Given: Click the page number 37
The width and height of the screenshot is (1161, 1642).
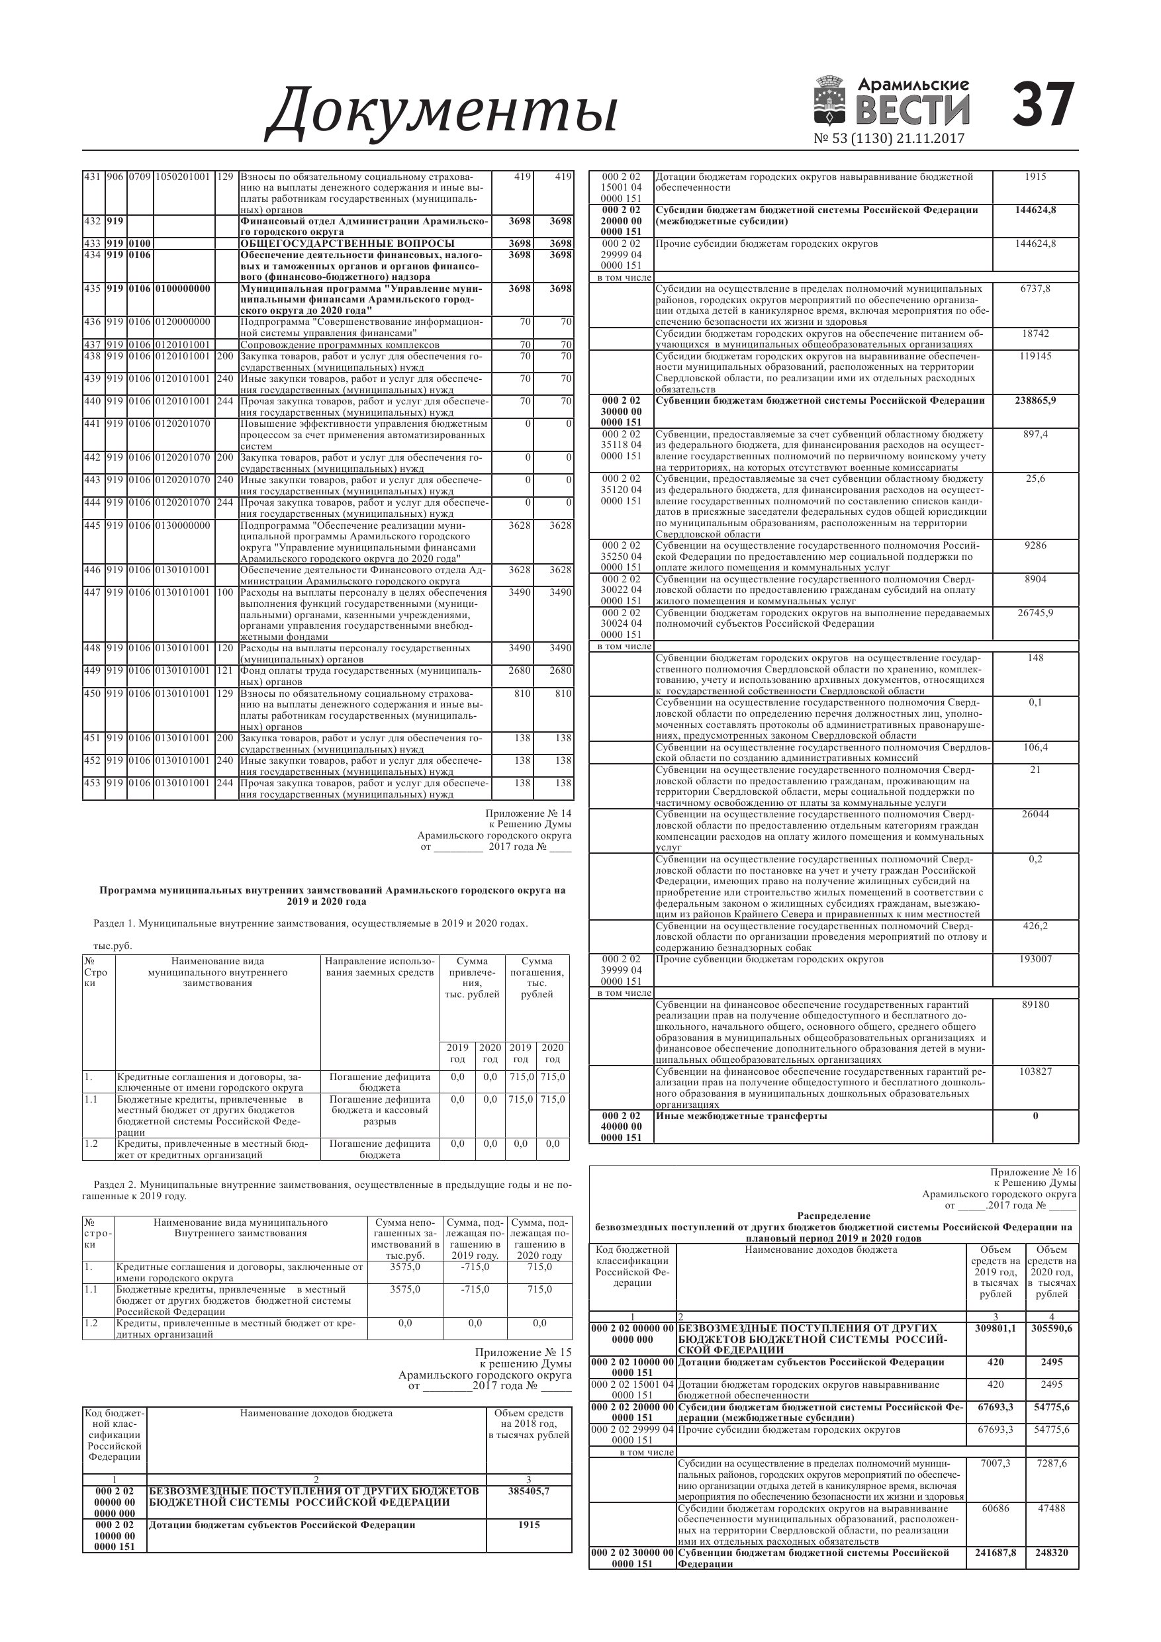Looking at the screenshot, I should (x=1043, y=105).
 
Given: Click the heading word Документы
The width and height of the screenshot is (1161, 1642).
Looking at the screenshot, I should (x=441, y=111).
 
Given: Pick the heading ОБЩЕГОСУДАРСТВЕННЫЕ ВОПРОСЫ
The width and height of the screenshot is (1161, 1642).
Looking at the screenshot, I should (x=347, y=244).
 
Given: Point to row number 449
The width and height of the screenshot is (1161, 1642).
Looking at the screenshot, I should (x=92, y=671).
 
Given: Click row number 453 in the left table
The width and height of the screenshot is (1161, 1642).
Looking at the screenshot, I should (x=92, y=783).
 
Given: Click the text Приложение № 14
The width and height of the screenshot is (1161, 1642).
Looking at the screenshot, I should (x=528, y=813).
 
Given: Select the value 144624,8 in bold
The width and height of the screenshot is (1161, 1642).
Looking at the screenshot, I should (x=1035, y=210).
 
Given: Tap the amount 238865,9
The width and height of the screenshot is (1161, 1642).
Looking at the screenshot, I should (x=1035, y=400).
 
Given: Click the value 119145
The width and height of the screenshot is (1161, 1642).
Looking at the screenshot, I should (x=1035, y=356).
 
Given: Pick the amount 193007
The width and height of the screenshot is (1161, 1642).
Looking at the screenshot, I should (x=1035, y=959).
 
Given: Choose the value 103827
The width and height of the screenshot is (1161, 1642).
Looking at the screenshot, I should (x=1035, y=1072).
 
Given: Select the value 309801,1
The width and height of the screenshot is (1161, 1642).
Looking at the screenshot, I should (x=995, y=1328).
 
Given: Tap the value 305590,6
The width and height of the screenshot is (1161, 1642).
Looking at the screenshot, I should (x=1052, y=1328).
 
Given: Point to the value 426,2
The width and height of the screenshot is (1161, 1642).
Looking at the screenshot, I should (x=1035, y=926).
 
